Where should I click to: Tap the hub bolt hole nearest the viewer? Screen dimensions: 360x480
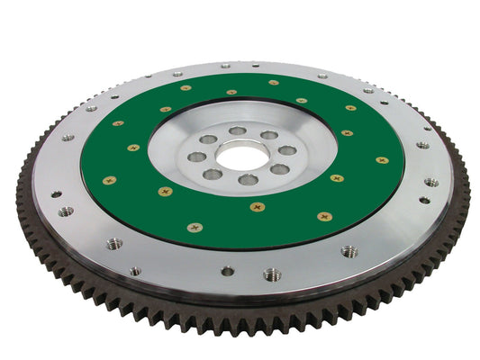coord(248,180)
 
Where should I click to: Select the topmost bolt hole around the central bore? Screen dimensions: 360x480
coord(237,131)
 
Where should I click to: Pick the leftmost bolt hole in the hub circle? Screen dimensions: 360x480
coord(197,157)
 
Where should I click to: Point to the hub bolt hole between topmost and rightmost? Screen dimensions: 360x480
coord(269,135)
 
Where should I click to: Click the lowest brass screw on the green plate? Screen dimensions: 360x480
coord(195,227)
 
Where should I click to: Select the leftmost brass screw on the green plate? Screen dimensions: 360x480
coord(109,180)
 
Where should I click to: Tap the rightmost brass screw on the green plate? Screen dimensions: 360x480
coord(383,160)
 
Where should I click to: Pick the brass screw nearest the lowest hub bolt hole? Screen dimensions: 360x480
coord(258,206)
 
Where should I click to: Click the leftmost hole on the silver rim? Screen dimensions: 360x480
coord(56,193)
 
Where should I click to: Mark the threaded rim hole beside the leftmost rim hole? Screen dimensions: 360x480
coord(66,212)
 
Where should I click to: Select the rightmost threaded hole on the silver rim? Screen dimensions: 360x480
coord(431,182)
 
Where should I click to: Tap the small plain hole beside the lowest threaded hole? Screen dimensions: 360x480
coord(228,271)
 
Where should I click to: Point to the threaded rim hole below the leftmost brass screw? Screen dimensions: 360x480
coord(114,244)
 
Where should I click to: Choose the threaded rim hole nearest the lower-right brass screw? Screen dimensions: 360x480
coord(349,251)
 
